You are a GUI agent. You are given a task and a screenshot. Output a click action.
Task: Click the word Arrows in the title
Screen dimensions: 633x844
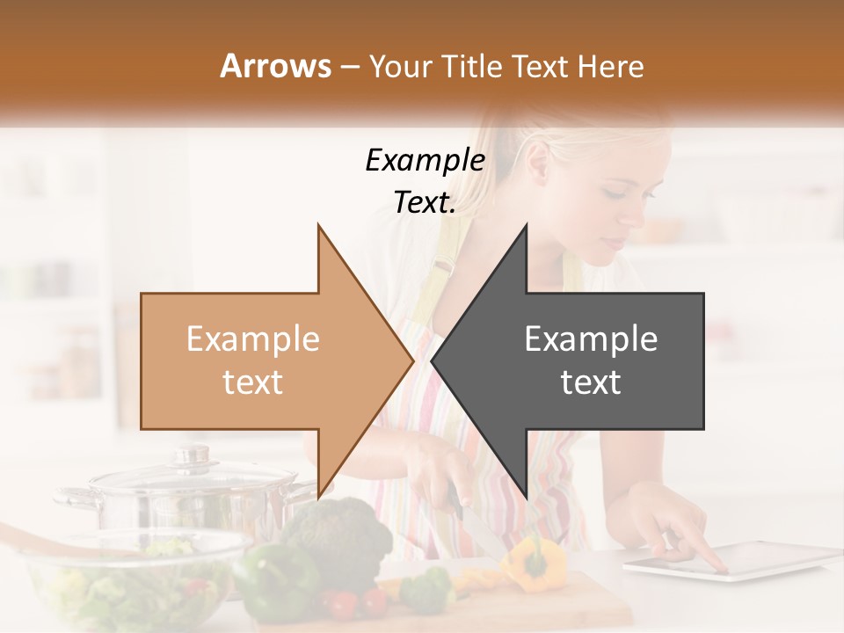pos(275,66)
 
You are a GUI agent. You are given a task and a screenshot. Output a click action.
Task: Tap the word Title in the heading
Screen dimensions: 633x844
pos(473,67)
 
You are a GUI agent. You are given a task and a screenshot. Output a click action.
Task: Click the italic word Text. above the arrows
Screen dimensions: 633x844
pos(425,202)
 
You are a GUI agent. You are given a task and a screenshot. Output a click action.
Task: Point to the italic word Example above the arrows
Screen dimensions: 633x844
pos(425,160)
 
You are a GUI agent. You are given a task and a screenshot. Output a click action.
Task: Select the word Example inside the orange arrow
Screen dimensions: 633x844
pos(253,339)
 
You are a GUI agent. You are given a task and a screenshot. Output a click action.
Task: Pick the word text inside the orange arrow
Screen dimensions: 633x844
pos(253,382)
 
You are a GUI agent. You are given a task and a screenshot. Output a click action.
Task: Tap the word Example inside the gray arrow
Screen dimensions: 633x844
pos(591,339)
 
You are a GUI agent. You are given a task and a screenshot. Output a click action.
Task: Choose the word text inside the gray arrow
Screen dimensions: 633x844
pos(591,382)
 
